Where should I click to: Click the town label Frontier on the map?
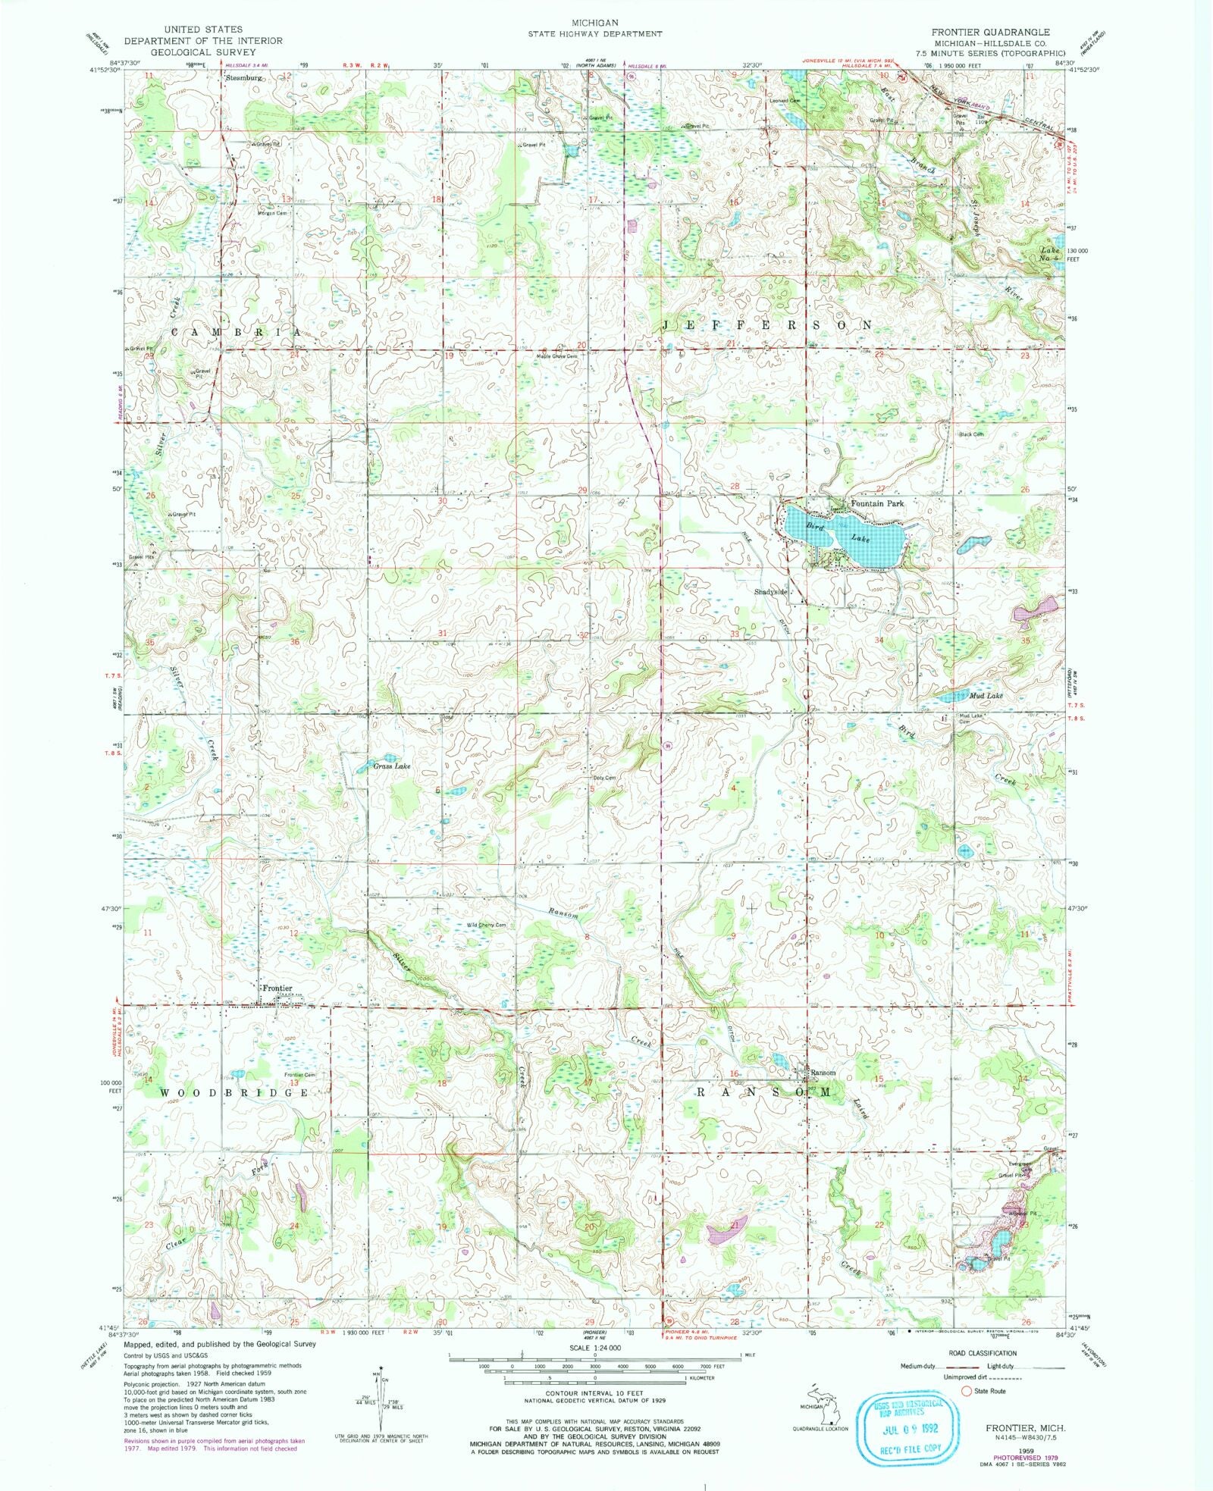(x=277, y=988)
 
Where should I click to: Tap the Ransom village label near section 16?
(x=823, y=1073)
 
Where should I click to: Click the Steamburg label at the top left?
(x=243, y=77)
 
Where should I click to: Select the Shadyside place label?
(x=771, y=591)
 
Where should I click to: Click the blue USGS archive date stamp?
(x=902, y=1428)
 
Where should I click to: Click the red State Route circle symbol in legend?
(x=966, y=1391)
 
